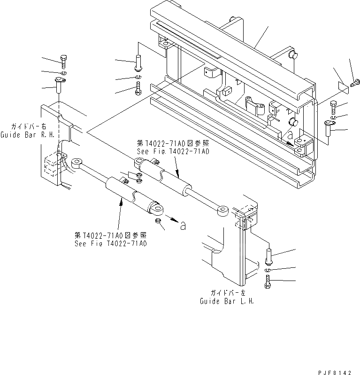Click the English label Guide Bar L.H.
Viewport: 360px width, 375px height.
227,301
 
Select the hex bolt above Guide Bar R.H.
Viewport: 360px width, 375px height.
64,62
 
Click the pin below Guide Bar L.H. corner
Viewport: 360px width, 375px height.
268,256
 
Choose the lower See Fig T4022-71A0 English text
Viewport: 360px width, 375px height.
111,243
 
